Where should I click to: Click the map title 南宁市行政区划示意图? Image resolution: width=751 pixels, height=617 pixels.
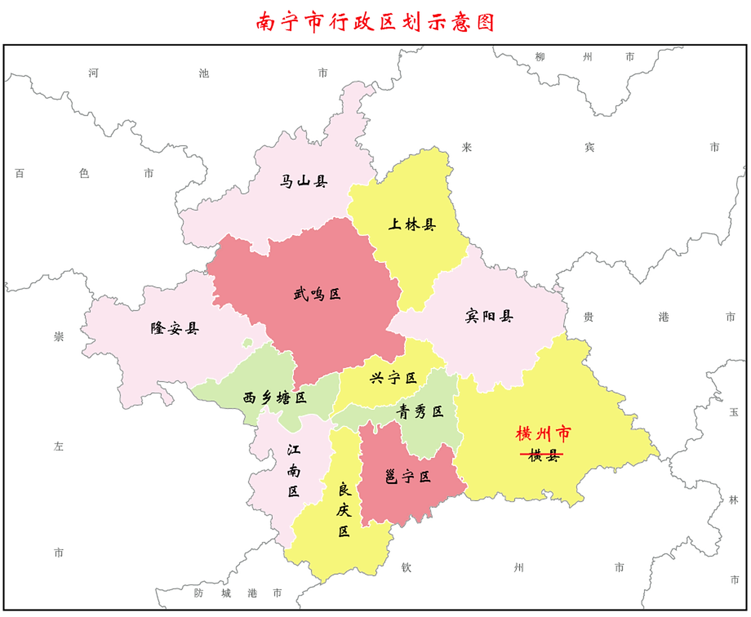375,22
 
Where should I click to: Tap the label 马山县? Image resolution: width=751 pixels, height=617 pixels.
304,182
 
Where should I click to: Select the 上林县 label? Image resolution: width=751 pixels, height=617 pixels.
412,224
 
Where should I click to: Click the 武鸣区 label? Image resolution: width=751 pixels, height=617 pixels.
317,294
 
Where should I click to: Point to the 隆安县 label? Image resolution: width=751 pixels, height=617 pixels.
174,329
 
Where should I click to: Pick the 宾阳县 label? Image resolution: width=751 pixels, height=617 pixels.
489,316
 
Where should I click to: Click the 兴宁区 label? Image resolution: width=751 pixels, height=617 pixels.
393,378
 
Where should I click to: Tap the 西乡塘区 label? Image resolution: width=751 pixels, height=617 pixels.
274,398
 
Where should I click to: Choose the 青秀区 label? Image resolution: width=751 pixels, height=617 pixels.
419,411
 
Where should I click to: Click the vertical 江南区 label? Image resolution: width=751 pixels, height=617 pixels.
294,470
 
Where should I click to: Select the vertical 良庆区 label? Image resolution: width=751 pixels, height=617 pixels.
344,510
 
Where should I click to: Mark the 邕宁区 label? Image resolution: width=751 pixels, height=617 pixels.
407,477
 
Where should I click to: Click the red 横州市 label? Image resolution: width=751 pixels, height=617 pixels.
543,434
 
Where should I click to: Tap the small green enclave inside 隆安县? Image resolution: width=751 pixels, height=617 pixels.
247,343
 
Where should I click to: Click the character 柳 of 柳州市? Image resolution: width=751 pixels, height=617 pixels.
540,57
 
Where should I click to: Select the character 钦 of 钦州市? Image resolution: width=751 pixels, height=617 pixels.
406,568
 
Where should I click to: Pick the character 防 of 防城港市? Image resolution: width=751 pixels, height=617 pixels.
199,593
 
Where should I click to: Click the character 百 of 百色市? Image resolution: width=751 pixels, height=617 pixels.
19,173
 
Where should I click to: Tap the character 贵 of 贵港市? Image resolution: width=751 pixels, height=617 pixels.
588,317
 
